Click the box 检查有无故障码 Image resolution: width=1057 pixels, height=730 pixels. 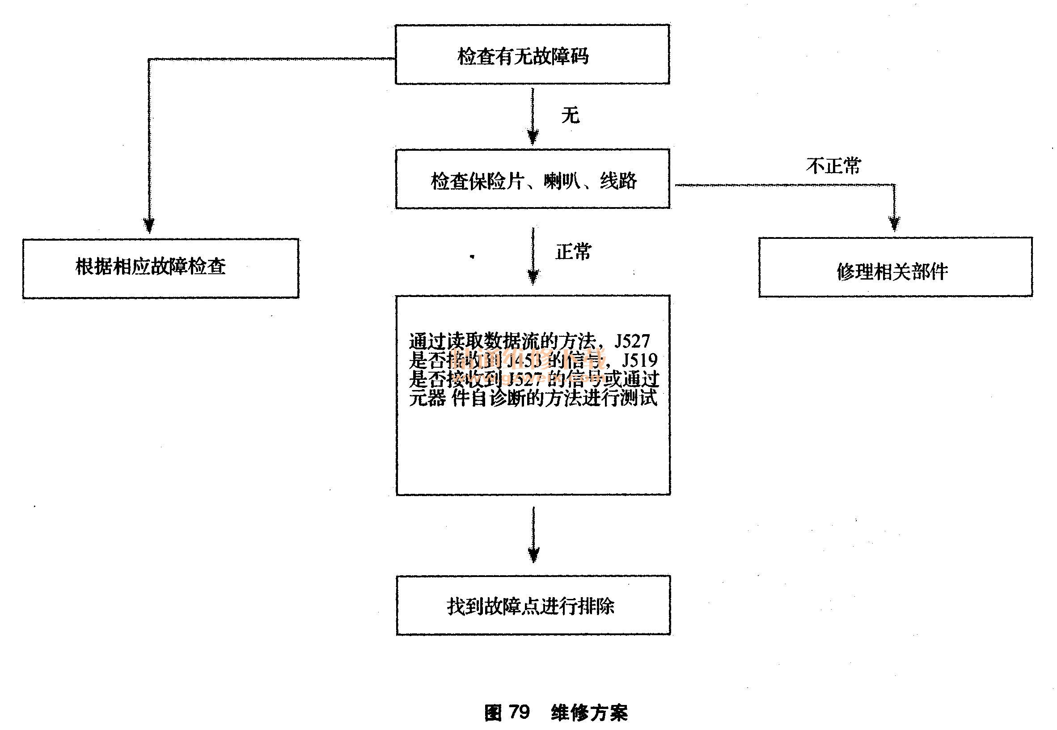pyautogui.click(x=532, y=55)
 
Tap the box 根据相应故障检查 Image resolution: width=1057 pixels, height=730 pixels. pyautogui.click(x=161, y=268)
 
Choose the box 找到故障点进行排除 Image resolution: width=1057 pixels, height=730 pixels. pyautogui.click(x=533, y=606)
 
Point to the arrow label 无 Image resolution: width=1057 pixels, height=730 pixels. pyautogui.click(x=570, y=115)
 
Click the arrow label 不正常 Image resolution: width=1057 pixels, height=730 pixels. pyautogui.click(x=833, y=165)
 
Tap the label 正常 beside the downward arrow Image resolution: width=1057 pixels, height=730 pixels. pyautogui.click(x=573, y=251)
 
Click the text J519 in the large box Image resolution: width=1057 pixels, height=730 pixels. pyautogui.click(x=640, y=361)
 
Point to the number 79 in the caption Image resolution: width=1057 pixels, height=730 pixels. pyautogui.click(x=519, y=712)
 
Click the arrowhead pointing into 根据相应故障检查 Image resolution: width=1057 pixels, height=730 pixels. pyautogui.click(x=148, y=225)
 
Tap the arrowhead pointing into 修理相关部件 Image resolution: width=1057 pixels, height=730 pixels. pyautogui.click(x=894, y=223)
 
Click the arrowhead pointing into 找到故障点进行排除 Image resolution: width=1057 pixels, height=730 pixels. pyautogui.click(x=533, y=554)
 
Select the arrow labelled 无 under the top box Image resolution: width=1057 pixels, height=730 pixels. pyautogui.click(x=533, y=117)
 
